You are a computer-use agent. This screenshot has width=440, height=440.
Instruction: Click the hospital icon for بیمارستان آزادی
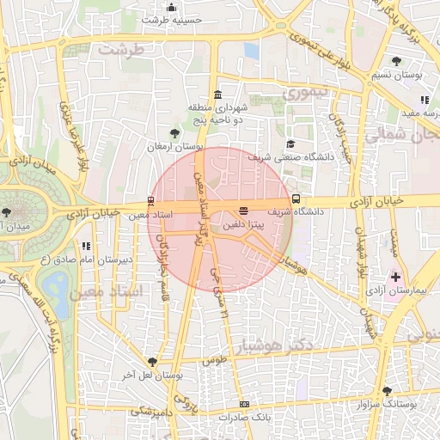tap(396, 277)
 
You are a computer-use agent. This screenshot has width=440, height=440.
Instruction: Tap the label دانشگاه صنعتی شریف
tap(272, 158)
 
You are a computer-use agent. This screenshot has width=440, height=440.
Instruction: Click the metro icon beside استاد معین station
tap(151, 200)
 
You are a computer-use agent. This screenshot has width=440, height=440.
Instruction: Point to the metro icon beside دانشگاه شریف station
tap(296, 199)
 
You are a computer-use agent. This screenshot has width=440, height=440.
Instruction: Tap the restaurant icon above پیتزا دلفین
tap(243, 211)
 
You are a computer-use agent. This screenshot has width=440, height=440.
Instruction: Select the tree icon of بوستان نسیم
tap(396, 61)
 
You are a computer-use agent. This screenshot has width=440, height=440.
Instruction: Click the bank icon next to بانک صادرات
tap(245, 404)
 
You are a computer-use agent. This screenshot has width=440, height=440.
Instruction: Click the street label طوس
tap(214, 363)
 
